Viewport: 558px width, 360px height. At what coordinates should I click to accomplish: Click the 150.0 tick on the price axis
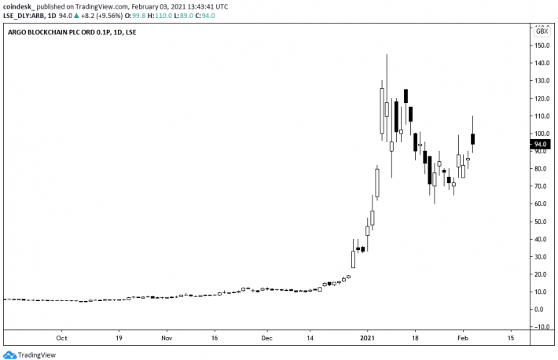(x=541, y=46)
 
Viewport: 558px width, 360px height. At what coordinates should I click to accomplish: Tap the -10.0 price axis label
(x=540, y=327)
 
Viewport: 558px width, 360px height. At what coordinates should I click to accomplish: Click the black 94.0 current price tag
(x=541, y=145)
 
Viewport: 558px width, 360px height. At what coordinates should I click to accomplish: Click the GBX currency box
(x=541, y=31)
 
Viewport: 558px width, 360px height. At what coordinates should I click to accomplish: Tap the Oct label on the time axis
(x=62, y=338)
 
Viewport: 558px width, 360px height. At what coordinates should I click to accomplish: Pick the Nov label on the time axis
(x=167, y=338)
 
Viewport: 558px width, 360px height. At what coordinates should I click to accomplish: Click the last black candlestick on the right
(x=473, y=139)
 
